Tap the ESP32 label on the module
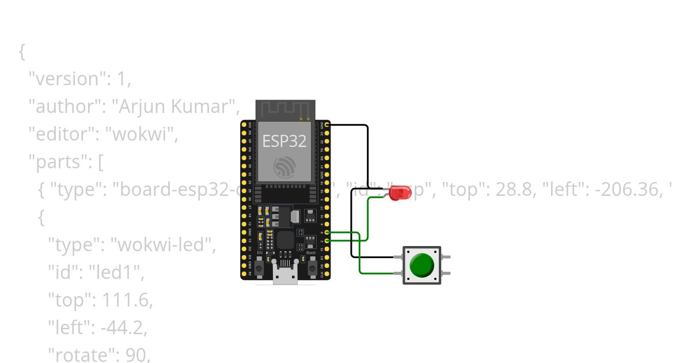(284, 141)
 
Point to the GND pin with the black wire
(327, 124)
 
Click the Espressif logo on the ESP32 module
(284, 167)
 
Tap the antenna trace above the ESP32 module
(286, 109)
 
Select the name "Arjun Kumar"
(174, 107)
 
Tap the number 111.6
(128, 300)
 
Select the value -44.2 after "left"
(123, 328)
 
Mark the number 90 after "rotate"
(138, 356)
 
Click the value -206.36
(622, 190)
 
